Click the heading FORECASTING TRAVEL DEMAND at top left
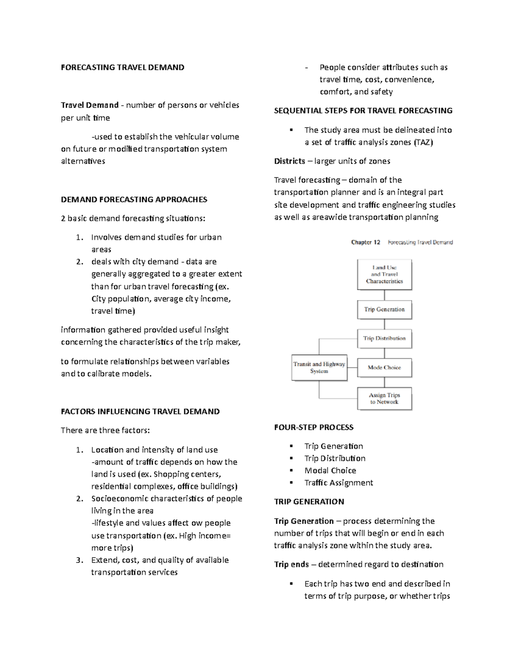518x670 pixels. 123,67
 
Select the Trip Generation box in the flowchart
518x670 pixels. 384,309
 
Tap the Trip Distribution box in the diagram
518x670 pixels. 384,338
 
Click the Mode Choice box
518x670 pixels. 384,368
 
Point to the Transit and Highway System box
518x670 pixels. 319,368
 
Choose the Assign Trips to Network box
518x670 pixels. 384,398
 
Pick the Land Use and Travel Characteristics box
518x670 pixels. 384,274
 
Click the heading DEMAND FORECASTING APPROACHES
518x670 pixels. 134,199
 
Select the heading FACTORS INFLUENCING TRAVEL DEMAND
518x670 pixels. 140,412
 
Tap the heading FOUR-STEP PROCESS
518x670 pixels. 314,428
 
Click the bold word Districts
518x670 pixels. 290,161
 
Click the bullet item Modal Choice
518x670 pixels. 330,471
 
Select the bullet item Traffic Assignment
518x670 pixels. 338,483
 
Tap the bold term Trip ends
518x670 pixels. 291,564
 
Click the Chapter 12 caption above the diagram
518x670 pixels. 366,242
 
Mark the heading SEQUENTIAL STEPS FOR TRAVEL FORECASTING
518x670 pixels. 363,111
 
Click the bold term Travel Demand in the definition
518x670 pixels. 90,105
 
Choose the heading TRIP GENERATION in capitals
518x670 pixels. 309,502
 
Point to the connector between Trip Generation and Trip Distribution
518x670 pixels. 384,324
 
